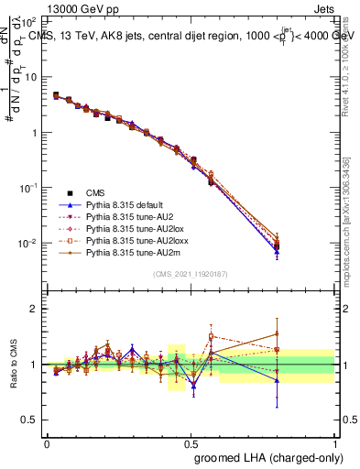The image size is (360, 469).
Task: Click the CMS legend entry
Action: pos(95,192)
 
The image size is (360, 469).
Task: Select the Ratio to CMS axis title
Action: pos(14,365)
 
